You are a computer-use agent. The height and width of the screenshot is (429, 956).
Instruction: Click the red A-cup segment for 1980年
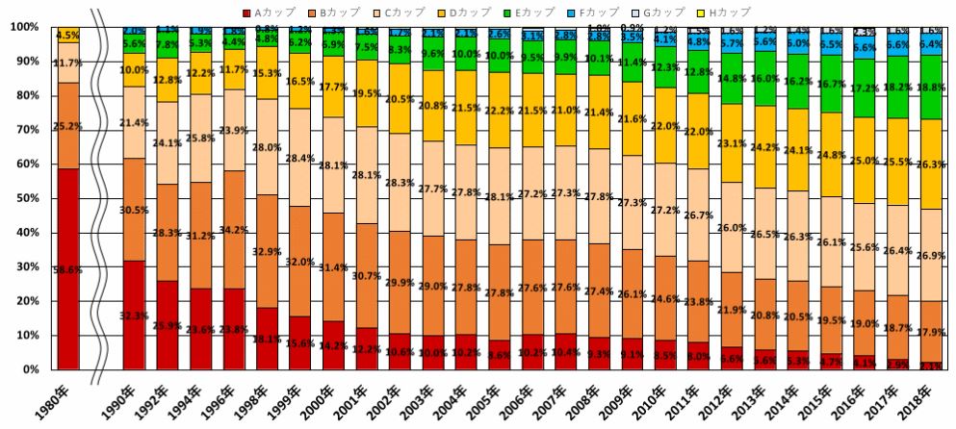click(x=68, y=269)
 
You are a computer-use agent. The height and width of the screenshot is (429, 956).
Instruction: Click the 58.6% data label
click(x=68, y=272)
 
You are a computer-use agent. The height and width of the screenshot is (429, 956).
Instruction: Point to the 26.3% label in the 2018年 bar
click(x=930, y=164)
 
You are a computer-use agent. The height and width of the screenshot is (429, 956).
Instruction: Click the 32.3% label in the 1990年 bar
click(x=135, y=315)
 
